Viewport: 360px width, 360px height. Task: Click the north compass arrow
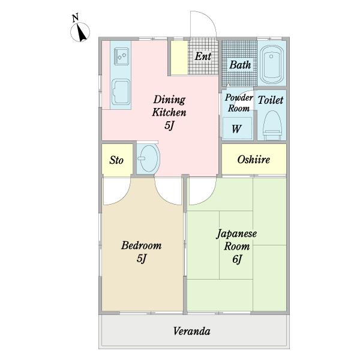pos(82,34)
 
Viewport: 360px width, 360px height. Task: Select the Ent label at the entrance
pos(203,56)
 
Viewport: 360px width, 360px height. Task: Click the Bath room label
pos(240,65)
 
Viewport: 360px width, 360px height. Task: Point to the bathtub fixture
pos(274,63)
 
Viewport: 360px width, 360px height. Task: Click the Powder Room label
pos(238,104)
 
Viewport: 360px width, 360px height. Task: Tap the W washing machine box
pos(237,128)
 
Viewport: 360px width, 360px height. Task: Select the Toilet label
pos(270,101)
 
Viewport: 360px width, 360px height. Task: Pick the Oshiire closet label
pos(253,160)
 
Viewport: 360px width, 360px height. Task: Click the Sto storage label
pos(116,160)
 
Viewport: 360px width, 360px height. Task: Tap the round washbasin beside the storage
pos(148,160)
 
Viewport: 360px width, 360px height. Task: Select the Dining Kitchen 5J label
pos(169,112)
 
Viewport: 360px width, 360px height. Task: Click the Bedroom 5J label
pos(141,251)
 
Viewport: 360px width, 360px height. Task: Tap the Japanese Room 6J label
pos(237,246)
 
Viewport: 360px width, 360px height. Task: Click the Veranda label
pos(192,331)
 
